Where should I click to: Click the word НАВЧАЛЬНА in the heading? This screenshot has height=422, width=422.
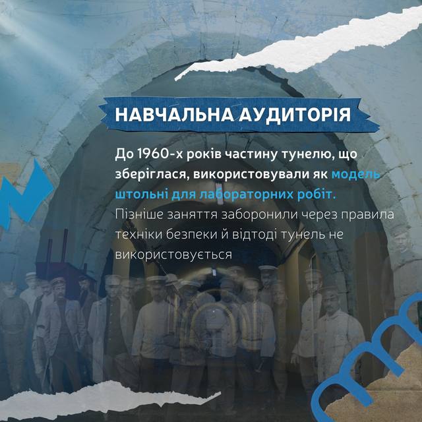click(174, 115)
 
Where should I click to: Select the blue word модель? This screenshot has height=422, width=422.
click(356, 174)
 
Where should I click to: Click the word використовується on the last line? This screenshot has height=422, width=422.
click(173, 255)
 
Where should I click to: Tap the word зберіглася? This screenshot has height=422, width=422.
click(152, 175)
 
